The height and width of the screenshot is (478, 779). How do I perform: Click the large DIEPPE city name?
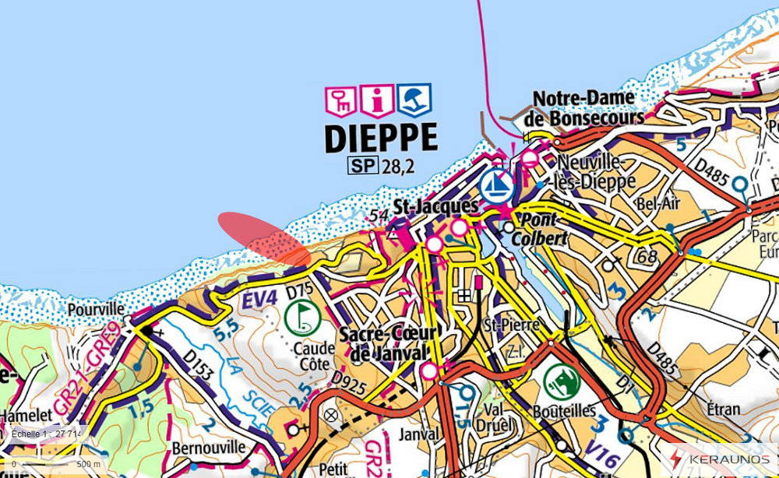[x=380, y=138]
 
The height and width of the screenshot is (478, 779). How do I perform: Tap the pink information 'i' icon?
[x=378, y=100]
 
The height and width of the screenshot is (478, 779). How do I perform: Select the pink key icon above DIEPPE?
[x=340, y=100]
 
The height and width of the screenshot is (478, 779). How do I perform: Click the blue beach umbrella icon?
[x=414, y=100]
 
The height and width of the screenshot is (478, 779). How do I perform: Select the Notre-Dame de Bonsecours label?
[x=588, y=108]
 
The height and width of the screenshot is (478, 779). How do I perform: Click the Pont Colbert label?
[x=543, y=229]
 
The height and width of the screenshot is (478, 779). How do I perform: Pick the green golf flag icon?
[x=301, y=317]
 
